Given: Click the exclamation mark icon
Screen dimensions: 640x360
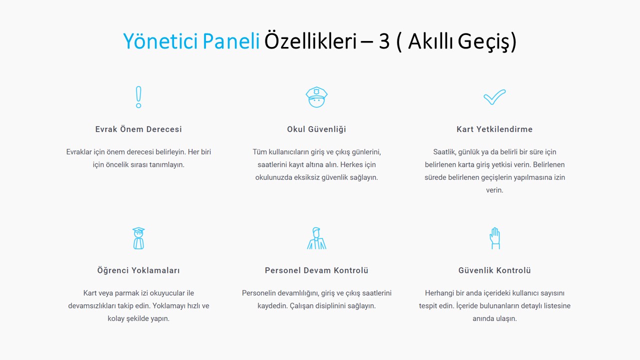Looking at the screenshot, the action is click(x=138, y=97).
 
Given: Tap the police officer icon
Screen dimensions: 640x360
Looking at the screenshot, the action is click(x=316, y=97).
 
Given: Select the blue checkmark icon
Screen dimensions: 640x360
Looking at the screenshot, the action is click(x=494, y=97).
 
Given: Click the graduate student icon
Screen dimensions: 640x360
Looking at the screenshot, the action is click(x=138, y=238).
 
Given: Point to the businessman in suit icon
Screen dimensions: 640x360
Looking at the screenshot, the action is click(x=316, y=238).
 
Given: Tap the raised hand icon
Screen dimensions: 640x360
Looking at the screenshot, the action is click(x=495, y=238).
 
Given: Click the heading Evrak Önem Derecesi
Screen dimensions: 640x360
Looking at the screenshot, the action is click(x=138, y=129).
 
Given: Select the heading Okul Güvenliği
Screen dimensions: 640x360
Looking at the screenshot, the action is click(x=316, y=129).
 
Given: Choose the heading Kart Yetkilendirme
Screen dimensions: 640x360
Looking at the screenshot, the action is click(x=494, y=129).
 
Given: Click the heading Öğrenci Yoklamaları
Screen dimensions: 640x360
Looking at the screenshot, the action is click(x=138, y=270).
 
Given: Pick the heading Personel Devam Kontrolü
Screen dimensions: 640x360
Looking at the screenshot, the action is click(x=316, y=270).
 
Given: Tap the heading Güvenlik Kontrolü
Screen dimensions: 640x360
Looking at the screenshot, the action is click(x=494, y=270).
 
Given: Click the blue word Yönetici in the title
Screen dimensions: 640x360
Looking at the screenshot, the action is click(x=160, y=41).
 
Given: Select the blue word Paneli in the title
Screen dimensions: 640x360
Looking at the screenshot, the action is click(x=231, y=41).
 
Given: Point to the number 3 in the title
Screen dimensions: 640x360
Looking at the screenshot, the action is click(x=384, y=41).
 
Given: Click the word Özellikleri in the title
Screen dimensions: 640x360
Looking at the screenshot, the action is click(x=310, y=41).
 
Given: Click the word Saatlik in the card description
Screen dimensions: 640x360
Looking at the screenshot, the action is click(x=444, y=152).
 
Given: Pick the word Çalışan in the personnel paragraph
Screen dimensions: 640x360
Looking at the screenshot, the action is click(x=301, y=306).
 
